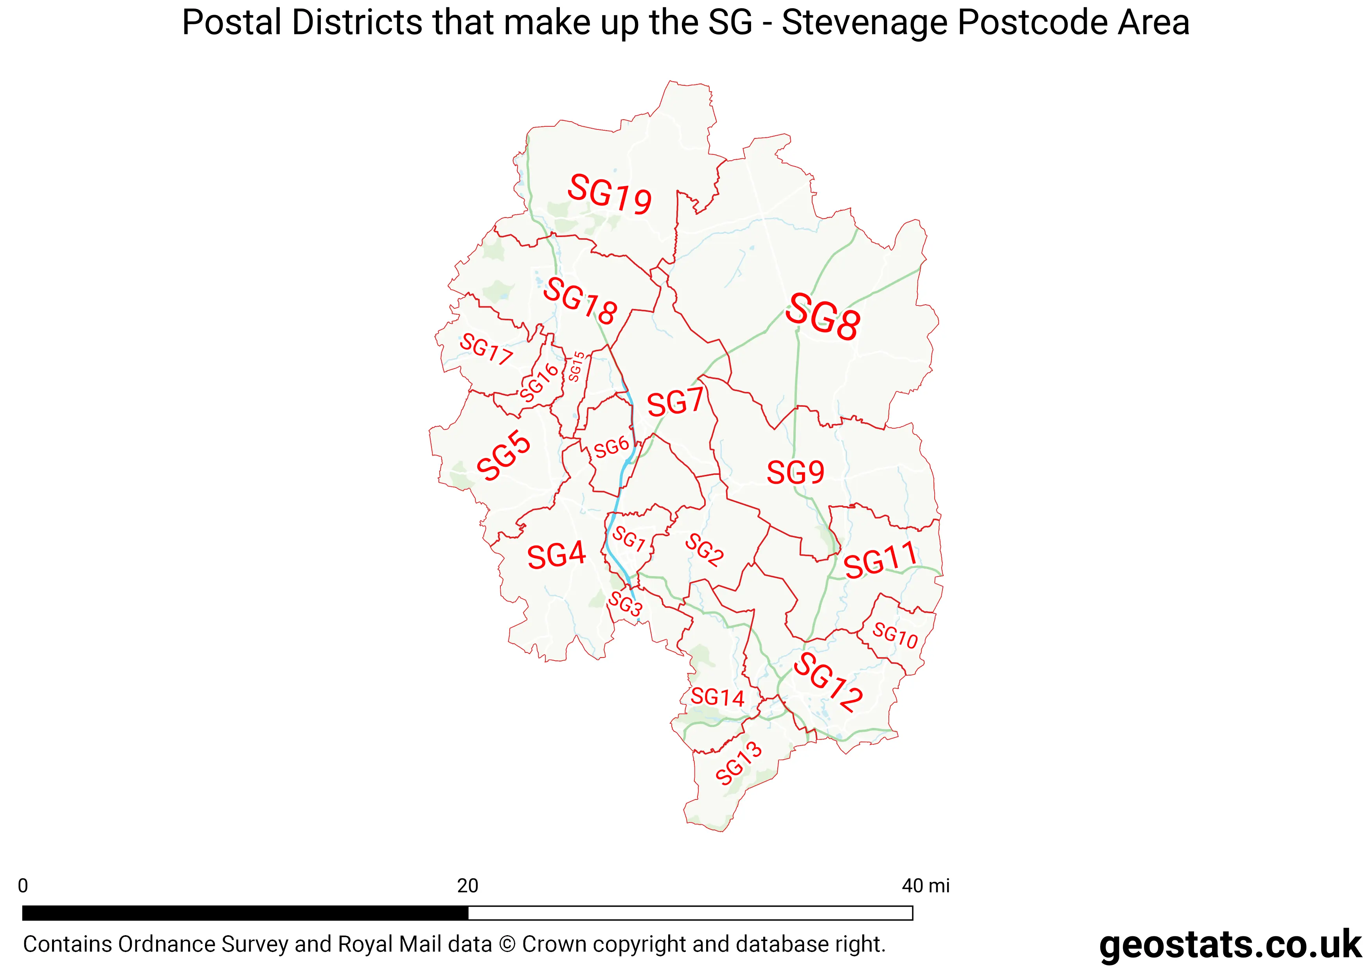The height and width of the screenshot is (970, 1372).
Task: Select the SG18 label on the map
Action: (580, 301)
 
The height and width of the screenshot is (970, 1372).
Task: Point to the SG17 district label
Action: (486, 349)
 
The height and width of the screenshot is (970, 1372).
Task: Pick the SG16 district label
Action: (539, 382)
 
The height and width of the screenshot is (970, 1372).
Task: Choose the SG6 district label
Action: (611, 447)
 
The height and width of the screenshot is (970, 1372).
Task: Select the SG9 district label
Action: (795, 473)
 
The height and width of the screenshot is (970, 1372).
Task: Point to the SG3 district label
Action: (625, 604)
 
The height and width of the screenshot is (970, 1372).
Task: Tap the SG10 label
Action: (895, 635)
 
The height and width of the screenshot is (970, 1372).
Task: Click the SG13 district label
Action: (739, 763)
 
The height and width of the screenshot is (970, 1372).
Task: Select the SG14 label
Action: (717, 697)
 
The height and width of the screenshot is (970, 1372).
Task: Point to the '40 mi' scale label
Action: (925, 886)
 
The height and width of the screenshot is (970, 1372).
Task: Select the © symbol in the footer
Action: (507, 944)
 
